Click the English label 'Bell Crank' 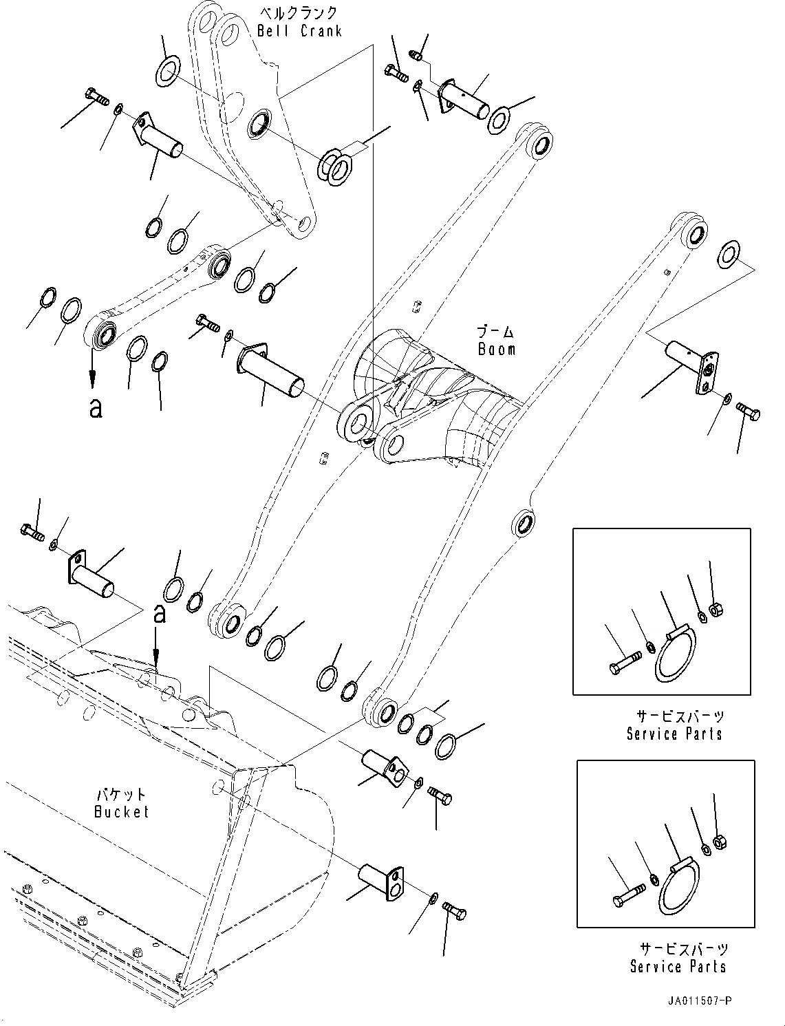(x=299, y=31)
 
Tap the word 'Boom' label (x=497, y=350)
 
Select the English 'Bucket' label (x=121, y=812)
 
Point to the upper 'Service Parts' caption (x=674, y=734)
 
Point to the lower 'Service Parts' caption (x=678, y=966)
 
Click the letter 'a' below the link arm (x=96, y=407)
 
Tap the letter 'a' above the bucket (x=159, y=613)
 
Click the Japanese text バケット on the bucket (x=121, y=795)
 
